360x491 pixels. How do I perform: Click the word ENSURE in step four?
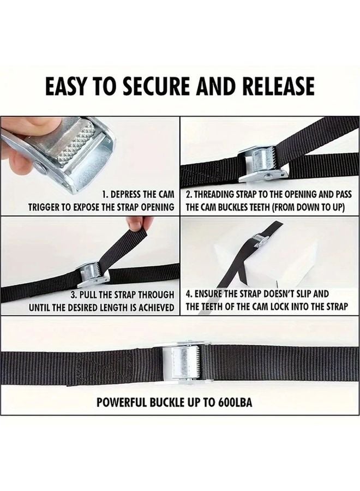(x=213, y=295)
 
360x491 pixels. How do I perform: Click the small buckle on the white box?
(x=260, y=238)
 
